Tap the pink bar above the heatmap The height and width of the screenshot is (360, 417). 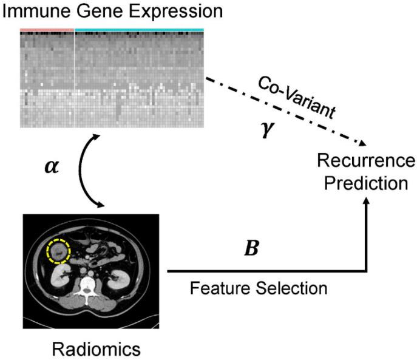pos(47,29)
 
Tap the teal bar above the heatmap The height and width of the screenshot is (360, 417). pos(139,29)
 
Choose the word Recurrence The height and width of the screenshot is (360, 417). pos(365,161)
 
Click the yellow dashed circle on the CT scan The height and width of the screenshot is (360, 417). pos(59,250)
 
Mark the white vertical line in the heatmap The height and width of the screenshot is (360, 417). pos(75,79)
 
